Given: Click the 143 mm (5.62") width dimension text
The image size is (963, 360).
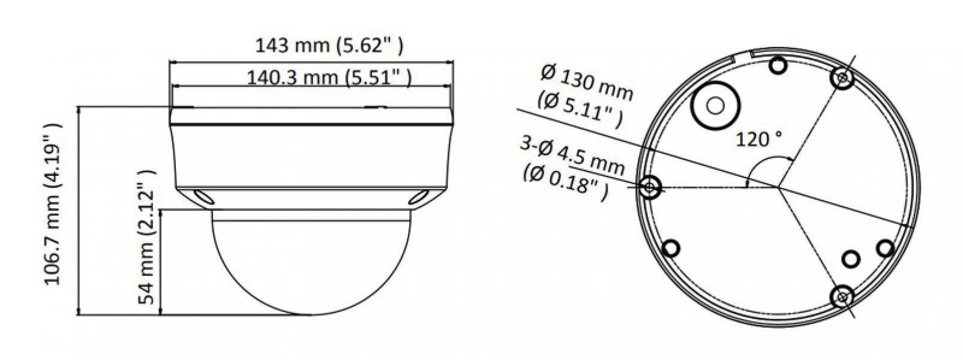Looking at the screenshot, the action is (329, 46).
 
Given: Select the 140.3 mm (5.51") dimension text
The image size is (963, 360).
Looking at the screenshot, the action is (329, 78).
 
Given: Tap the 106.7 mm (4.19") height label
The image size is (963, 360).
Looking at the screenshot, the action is (53, 205).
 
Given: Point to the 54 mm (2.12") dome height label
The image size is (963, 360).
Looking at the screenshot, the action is (146, 237).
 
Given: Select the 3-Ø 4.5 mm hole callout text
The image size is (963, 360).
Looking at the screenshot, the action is (572, 155).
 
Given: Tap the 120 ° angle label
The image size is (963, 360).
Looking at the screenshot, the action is (759, 139).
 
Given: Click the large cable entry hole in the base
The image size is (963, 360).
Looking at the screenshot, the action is (715, 106).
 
